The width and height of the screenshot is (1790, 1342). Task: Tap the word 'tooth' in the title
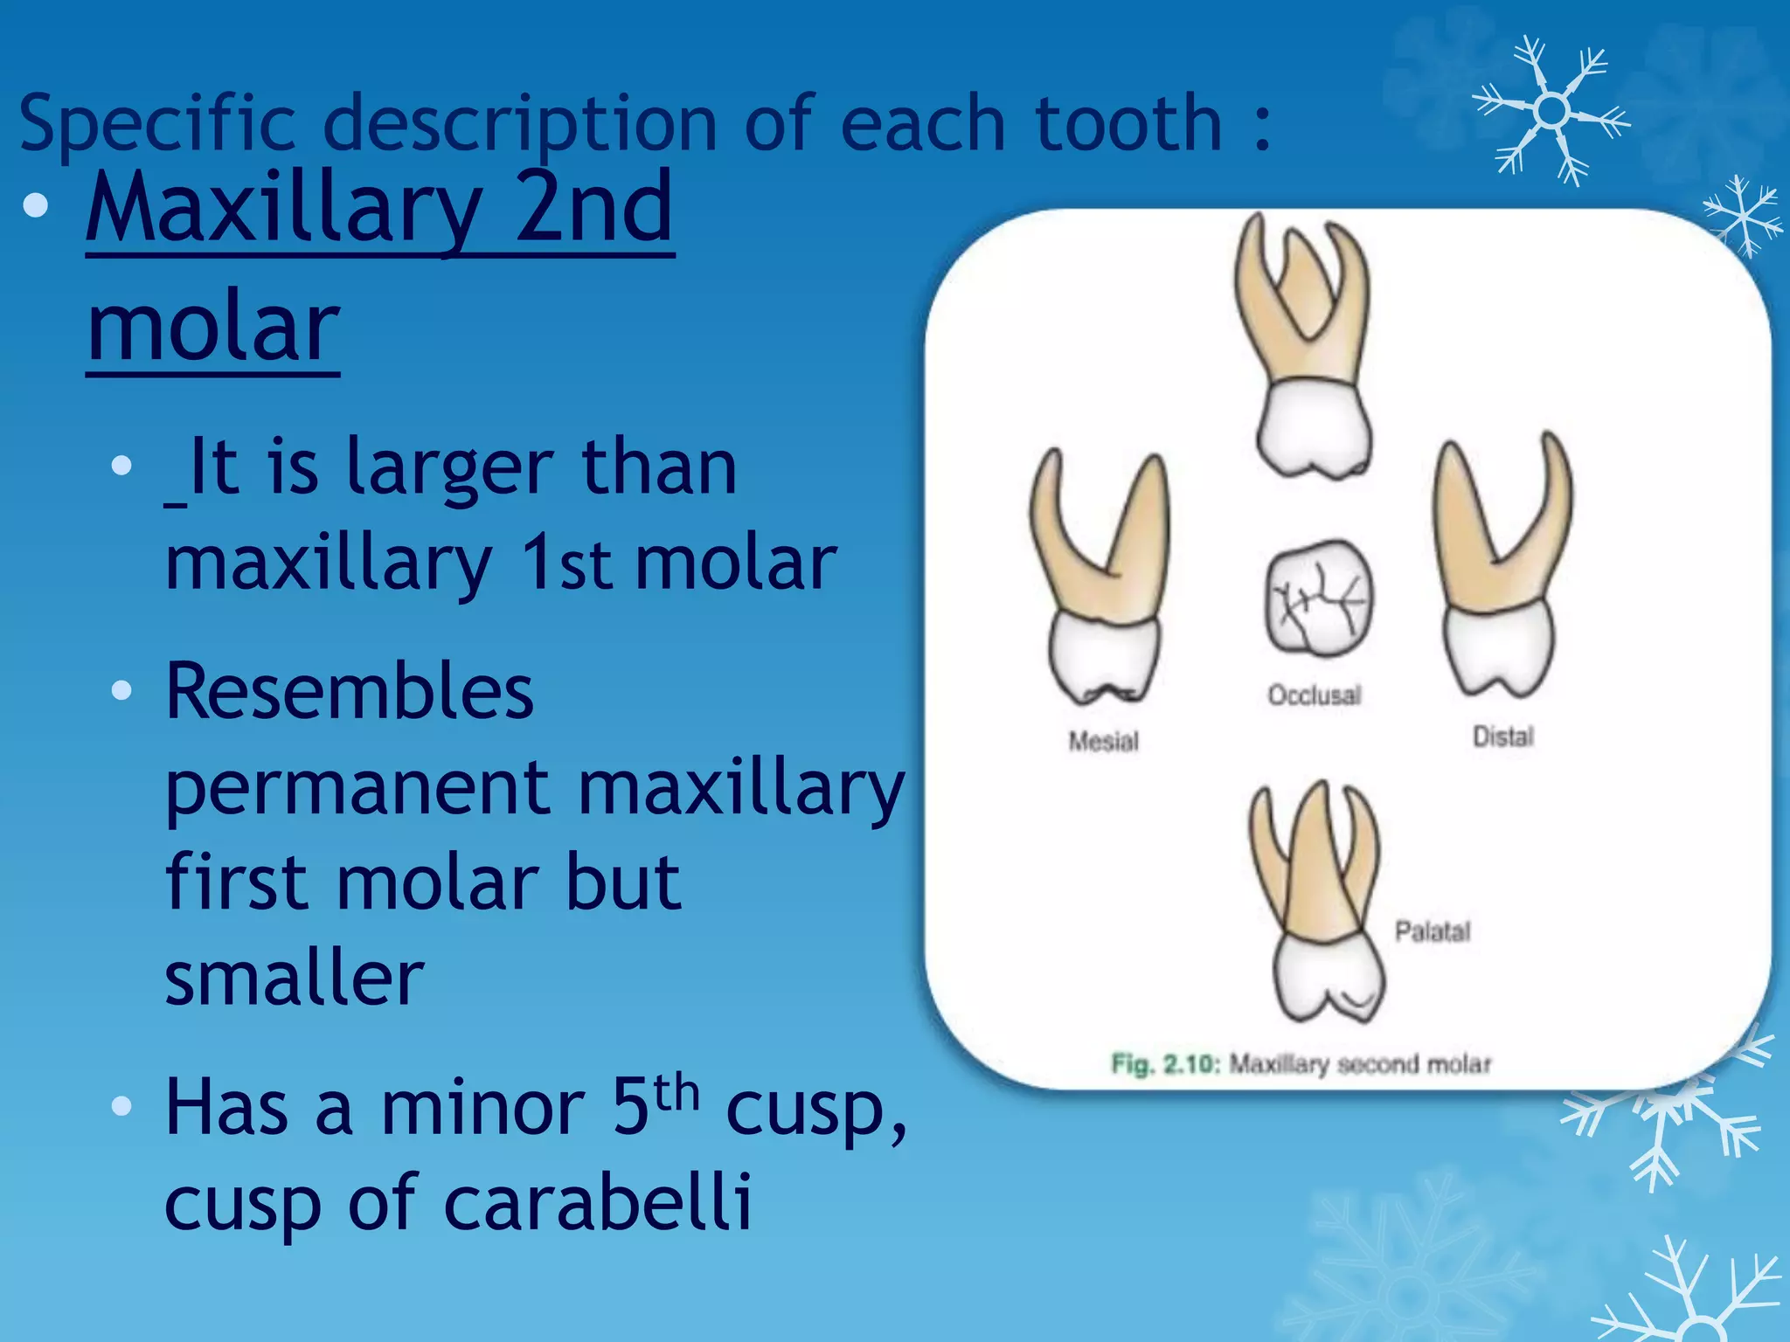[1128, 124]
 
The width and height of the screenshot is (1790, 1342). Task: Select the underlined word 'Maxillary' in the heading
[284, 210]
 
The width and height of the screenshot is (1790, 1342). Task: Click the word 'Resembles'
[350, 692]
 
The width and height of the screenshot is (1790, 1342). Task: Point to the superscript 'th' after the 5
[676, 1094]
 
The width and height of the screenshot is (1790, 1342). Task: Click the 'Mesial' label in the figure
[1104, 742]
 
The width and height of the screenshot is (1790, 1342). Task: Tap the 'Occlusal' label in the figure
[1315, 695]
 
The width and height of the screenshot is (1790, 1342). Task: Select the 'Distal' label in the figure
[1503, 737]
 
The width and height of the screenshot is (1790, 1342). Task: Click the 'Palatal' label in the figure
[1433, 931]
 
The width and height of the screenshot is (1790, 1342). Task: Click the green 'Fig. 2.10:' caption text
[1165, 1064]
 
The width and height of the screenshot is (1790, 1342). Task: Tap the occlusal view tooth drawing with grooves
[1318, 598]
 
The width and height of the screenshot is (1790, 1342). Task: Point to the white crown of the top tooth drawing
[1314, 428]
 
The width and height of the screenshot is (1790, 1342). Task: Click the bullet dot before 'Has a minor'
[122, 1107]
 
